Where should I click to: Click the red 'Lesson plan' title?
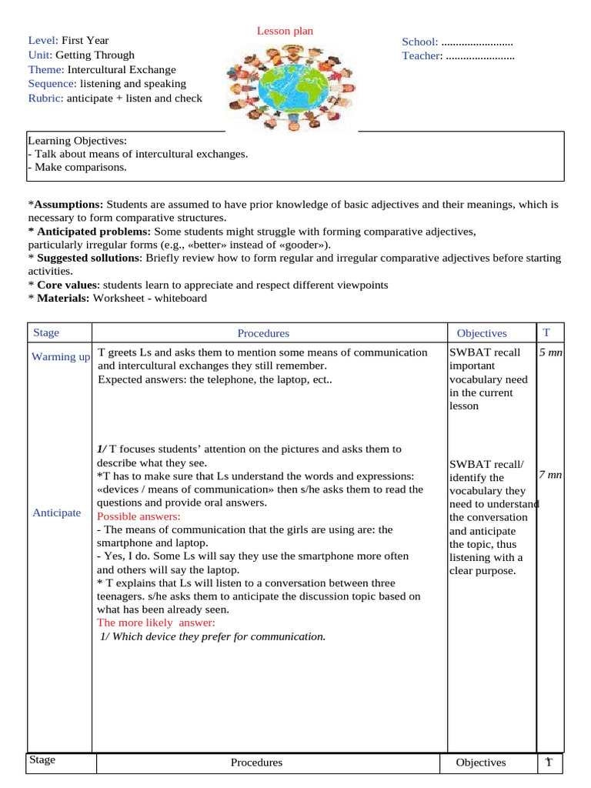[x=285, y=31]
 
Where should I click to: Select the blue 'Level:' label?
[x=43, y=40]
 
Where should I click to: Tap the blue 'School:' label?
[x=419, y=42]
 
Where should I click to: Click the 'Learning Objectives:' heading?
[x=78, y=140]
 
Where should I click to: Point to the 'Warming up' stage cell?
[x=60, y=356]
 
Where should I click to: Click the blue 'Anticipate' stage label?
[x=56, y=513]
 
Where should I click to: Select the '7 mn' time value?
[x=550, y=475]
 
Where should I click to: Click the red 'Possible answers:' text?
[x=139, y=516]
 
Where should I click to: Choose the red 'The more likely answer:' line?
[x=156, y=622]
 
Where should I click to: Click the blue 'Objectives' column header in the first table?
[x=482, y=333]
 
